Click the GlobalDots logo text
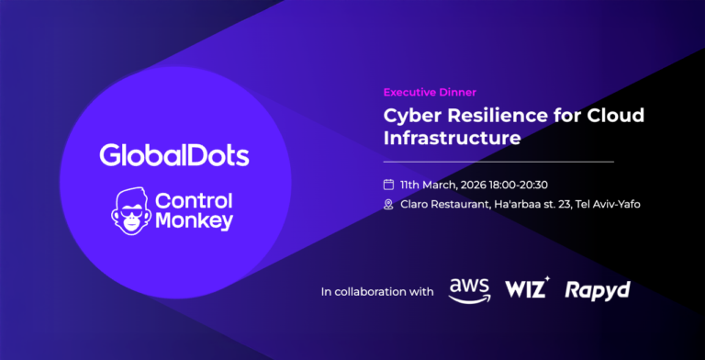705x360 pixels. tap(174, 154)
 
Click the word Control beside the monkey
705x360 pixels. tap(195, 200)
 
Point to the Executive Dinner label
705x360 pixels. tap(430, 92)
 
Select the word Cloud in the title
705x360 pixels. tap(616, 116)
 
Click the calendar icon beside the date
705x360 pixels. tap(388, 185)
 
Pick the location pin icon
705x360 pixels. tap(388, 204)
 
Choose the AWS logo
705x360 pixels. tap(469, 290)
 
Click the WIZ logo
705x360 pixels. tap(527, 289)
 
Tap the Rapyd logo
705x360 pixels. tap(598, 290)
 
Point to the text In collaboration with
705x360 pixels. tap(377, 292)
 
